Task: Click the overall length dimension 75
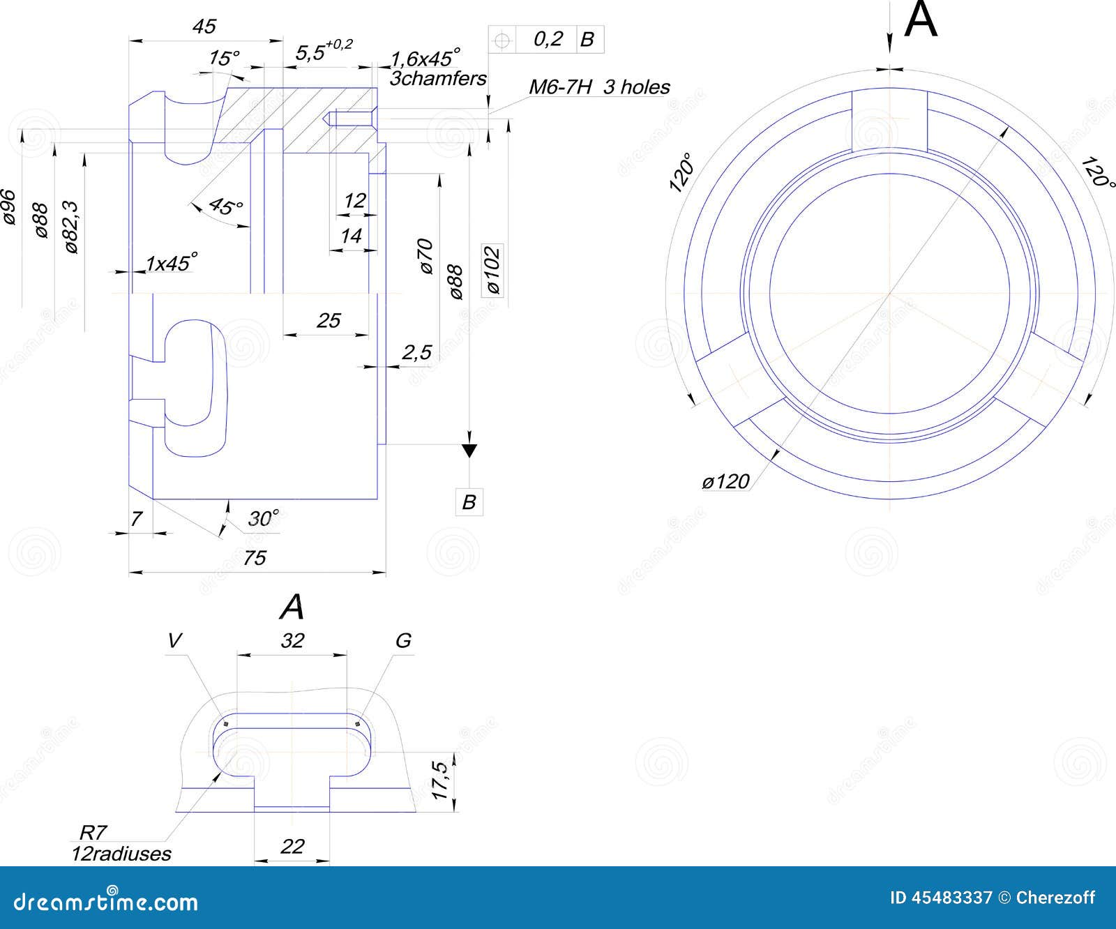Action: [255, 558]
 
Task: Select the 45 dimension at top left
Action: [204, 27]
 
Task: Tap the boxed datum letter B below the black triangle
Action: [469, 501]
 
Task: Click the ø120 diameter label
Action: [725, 481]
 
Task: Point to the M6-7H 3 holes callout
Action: [598, 87]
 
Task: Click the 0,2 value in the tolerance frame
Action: [548, 39]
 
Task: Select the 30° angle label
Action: [264, 519]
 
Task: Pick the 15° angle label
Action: [224, 58]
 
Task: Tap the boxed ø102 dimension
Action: [492, 270]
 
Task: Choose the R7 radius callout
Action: [93, 832]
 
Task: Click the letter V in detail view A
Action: [174, 641]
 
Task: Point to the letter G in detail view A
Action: [402, 641]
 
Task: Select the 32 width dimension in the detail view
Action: [292, 640]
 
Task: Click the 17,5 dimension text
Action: [439, 780]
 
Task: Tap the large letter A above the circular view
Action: [920, 20]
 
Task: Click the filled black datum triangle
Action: [469, 451]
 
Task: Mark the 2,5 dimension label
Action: [416, 353]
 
